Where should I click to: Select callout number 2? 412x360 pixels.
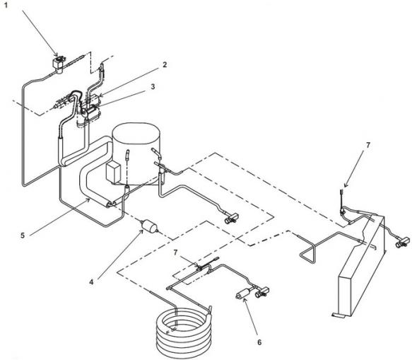click(x=164, y=64)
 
